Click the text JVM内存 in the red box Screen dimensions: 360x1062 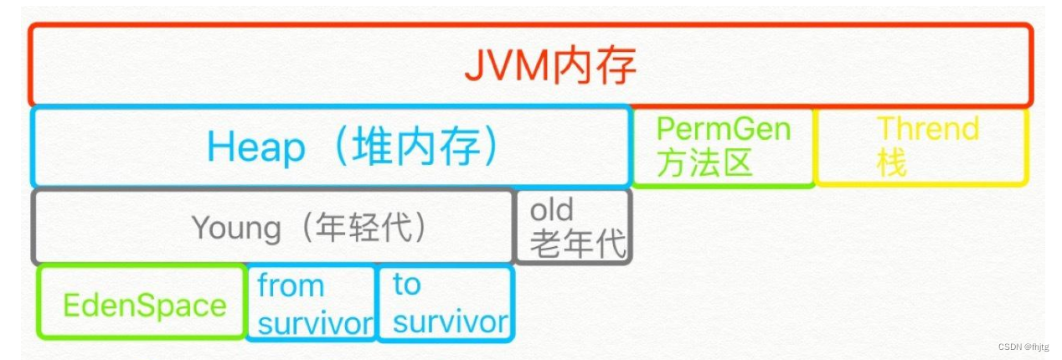[x=550, y=66]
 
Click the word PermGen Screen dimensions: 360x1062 [x=723, y=129]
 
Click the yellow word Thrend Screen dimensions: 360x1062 [x=927, y=129]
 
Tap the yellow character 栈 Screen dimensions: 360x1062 [x=891, y=163]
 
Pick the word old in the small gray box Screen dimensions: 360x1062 [x=551, y=209]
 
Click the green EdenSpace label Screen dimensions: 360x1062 [x=145, y=305]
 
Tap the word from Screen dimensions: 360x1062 [x=290, y=286]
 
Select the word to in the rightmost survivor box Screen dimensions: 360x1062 [x=406, y=285]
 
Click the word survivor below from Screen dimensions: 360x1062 [x=315, y=323]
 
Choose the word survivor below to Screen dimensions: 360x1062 [x=451, y=321]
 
